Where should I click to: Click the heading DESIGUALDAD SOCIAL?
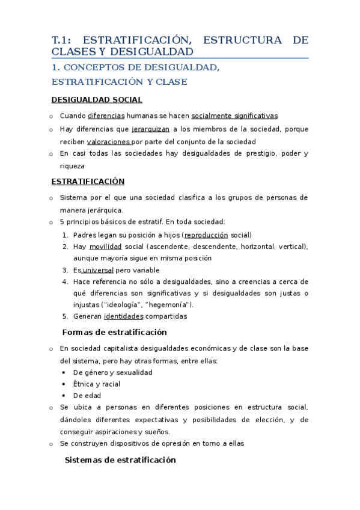tap(97, 100)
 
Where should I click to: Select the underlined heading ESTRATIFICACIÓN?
tap(88, 181)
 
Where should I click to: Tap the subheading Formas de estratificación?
tap(115, 332)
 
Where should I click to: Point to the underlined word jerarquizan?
tap(150, 129)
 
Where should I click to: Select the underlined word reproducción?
tap(207, 235)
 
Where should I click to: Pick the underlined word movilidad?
tap(106, 247)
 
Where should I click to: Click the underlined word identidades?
tap(124, 316)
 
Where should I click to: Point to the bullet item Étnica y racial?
tap(97, 384)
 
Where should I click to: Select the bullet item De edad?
tap(87, 396)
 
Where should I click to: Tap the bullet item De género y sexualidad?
tap(113, 372)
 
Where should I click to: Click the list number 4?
tap(64, 281)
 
